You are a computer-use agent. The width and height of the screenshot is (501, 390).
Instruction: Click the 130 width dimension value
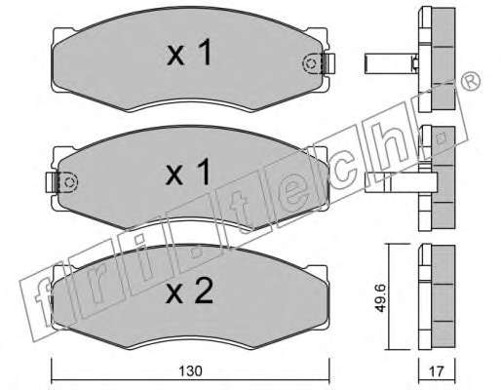tap(190, 370)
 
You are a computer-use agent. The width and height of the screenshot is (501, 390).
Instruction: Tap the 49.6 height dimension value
tap(380, 297)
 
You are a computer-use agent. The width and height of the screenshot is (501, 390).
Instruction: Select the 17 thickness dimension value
tap(437, 370)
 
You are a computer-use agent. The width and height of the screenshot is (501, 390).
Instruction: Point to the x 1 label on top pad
tap(189, 52)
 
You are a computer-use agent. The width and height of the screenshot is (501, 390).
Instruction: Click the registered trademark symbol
tap(471, 80)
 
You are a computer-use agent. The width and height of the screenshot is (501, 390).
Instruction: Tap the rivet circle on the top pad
tap(310, 63)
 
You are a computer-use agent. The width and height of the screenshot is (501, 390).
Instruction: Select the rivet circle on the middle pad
tap(69, 182)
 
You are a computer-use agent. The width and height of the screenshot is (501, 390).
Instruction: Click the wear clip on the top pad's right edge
tap(329, 63)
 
